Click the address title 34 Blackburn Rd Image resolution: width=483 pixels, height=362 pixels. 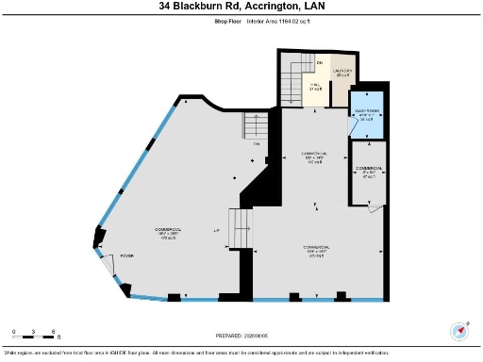pyautogui.click(x=241, y=6)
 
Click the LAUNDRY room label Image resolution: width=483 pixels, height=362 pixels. pyautogui.click(x=341, y=74)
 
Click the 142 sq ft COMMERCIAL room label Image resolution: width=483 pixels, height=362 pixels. pyautogui.click(x=313, y=156)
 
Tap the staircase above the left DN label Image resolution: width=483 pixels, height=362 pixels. pyautogui.click(x=256, y=124)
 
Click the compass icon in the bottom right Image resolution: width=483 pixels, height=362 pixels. pyautogui.click(x=460, y=331)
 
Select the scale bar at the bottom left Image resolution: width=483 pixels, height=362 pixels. pyautogui.click(x=35, y=333)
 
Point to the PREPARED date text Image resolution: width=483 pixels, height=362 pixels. pyautogui.click(x=241, y=335)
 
